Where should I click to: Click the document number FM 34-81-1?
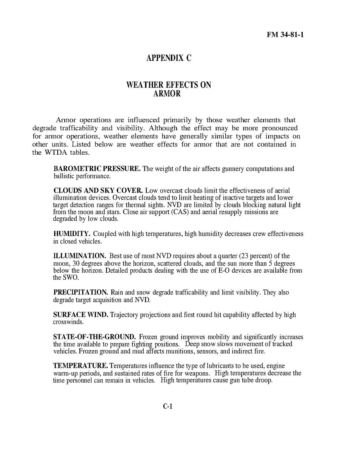coord(285,35)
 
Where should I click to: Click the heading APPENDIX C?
coord(169,58)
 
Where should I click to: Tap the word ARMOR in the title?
coord(165,94)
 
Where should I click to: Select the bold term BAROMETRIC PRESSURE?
coord(97,169)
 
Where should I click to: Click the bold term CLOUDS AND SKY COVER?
coord(98,191)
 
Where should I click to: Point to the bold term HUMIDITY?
coord(72,234)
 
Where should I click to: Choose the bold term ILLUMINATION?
coord(79,256)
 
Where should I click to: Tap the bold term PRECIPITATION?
coord(81,292)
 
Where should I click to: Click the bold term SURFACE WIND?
coord(81,315)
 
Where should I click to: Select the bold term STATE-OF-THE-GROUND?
coord(94,337)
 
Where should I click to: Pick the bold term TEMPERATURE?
coord(81,366)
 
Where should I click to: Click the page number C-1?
coord(167,407)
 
